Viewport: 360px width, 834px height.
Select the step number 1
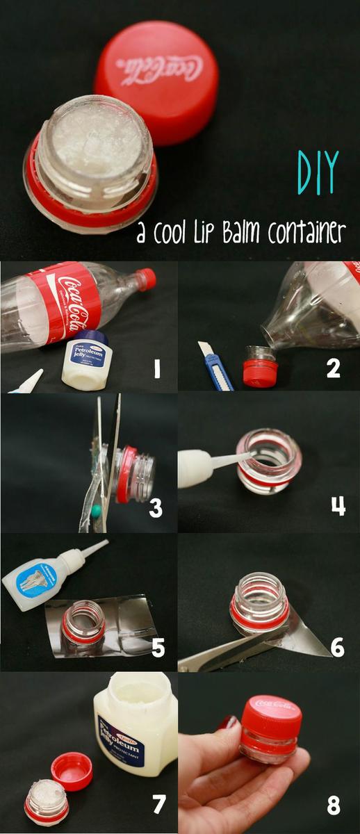pyautogui.click(x=156, y=369)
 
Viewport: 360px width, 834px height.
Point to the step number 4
pyautogui.click(x=338, y=506)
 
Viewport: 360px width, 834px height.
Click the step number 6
pyautogui.click(x=337, y=647)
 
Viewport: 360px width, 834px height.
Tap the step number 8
pyautogui.click(x=334, y=805)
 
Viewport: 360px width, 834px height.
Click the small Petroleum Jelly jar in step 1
pyautogui.click(x=87, y=360)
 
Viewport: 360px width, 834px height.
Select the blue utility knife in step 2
pyautogui.click(x=215, y=366)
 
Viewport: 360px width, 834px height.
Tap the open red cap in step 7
pyautogui.click(x=72, y=770)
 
